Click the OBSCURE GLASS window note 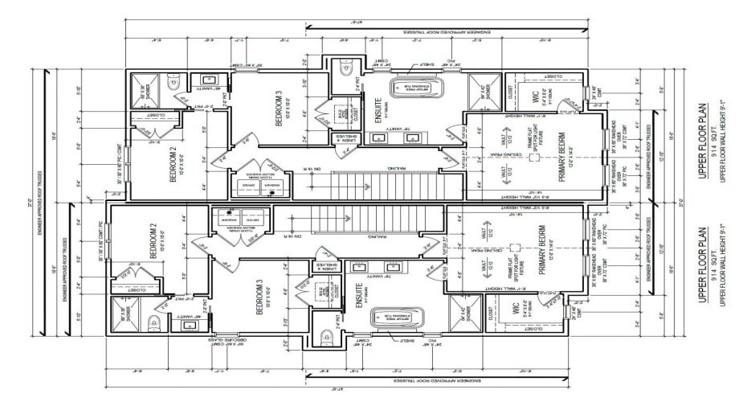232,347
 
